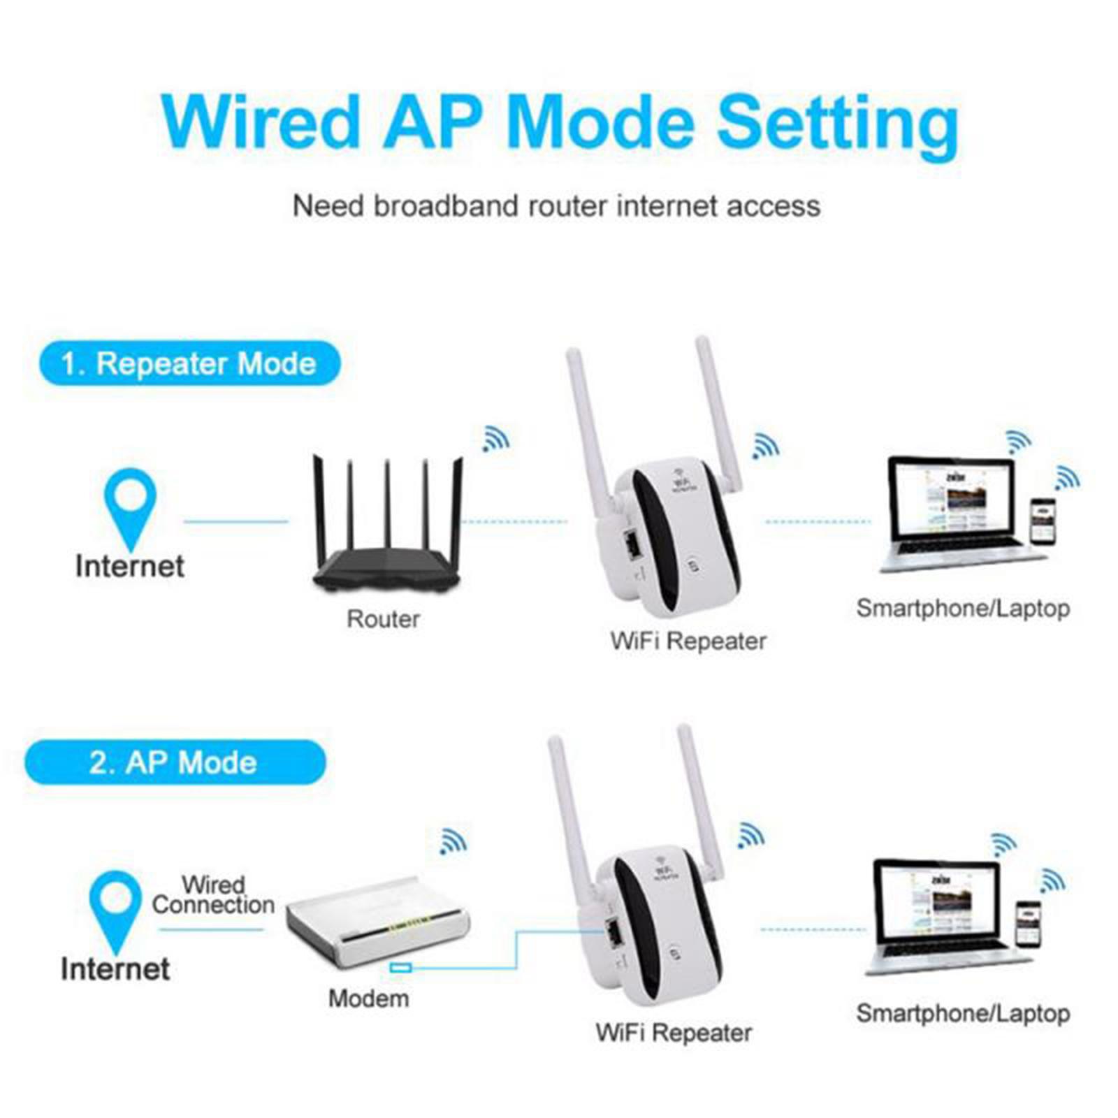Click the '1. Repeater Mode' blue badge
pyautogui.click(x=189, y=363)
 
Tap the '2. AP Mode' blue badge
pyautogui.click(x=175, y=762)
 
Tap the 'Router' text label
pyautogui.click(x=383, y=619)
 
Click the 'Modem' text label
pyautogui.click(x=368, y=999)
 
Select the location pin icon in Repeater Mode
pyautogui.click(x=130, y=503)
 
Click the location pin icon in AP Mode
pyautogui.click(x=115, y=906)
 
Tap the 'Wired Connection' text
pyautogui.click(x=213, y=895)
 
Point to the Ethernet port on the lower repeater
pyautogui.click(x=615, y=934)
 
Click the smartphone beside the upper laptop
pyautogui.click(x=1042, y=521)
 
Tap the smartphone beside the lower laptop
pyautogui.click(x=1028, y=924)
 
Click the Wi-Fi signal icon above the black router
pyautogui.click(x=495, y=440)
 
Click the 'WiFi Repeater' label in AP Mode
pyautogui.click(x=674, y=1033)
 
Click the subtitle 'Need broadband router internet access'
pyautogui.click(x=556, y=206)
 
